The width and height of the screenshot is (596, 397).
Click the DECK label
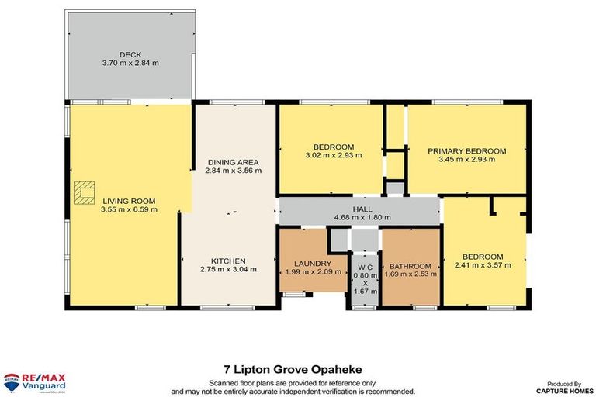130,54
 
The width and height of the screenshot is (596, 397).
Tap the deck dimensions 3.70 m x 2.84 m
130,63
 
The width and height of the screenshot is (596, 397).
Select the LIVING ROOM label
129,200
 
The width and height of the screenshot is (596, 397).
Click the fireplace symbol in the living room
83,191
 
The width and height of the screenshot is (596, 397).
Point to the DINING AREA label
234,161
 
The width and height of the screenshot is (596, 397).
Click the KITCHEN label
229,261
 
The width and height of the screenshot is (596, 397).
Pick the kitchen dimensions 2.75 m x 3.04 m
229,270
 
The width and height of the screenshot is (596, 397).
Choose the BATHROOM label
409,263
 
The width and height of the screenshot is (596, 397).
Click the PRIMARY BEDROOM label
466,151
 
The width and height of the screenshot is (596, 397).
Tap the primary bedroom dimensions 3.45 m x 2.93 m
466,161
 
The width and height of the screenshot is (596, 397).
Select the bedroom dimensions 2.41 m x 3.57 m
483,266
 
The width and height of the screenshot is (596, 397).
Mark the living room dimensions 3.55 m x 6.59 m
129,209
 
